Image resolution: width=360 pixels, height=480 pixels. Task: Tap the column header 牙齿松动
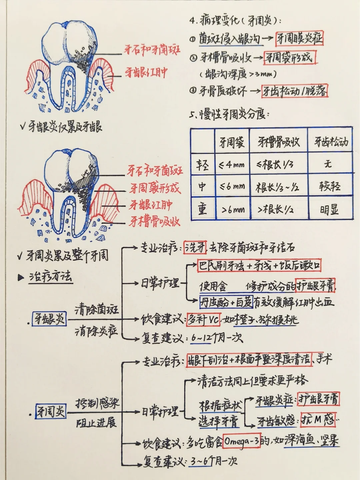[331, 142]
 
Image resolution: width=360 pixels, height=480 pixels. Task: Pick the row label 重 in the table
[202, 209]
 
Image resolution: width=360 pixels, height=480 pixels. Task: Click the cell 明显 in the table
[329, 210]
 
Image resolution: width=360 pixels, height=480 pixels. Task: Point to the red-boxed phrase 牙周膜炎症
[299, 39]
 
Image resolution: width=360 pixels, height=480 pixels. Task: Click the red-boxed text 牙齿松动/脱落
[294, 91]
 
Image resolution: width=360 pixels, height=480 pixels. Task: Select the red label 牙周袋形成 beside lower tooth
[155, 188]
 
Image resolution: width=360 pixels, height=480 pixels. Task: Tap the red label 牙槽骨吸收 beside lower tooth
[155, 221]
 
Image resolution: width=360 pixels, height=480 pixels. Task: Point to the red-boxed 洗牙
[196, 248]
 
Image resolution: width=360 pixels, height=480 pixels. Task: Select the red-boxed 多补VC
[203, 320]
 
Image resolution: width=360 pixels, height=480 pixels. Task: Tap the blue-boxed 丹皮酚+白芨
[226, 302]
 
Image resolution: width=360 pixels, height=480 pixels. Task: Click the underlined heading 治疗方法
[50, 277]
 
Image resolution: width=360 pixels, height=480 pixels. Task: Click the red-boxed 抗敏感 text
[318, 419]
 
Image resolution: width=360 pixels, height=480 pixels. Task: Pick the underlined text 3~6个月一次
[214, 461]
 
